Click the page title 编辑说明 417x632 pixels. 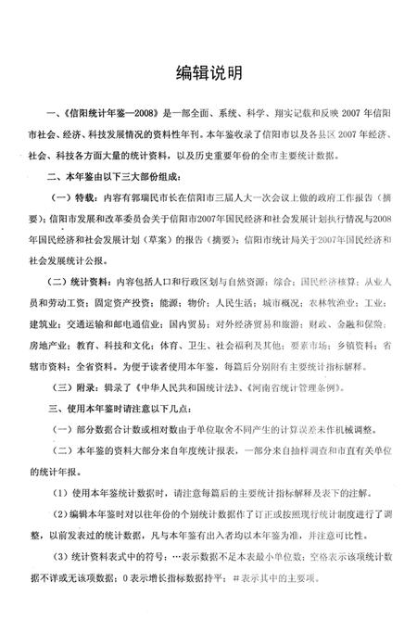(x=208, y=71)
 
